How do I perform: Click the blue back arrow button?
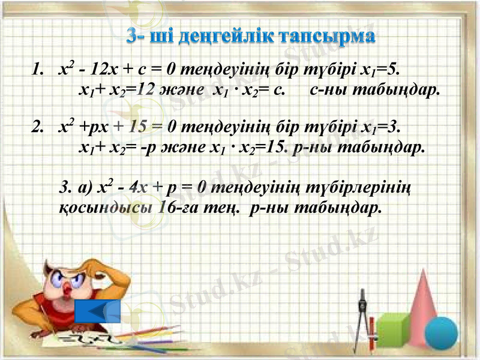pyautogui.click(x=98, y=311)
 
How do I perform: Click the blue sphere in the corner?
pyautogui.click(x=448, y=337)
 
